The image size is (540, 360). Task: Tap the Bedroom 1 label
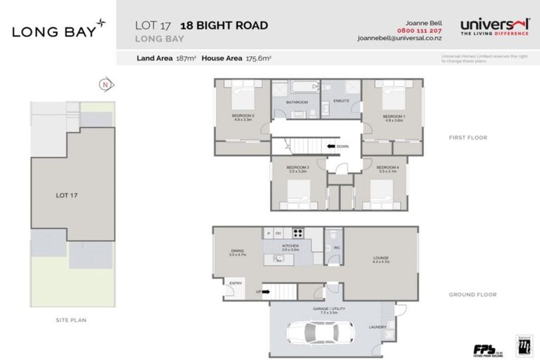[x=393, y=117]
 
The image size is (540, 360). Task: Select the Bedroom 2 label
[x=243, y=117]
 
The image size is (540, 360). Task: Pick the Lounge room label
[x=380, y=259]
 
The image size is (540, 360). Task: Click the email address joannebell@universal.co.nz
[x=397, y=39]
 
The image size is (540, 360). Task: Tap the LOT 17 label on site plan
[x=66, y=195]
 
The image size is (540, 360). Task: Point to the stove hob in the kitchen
[x=298, y=233]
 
